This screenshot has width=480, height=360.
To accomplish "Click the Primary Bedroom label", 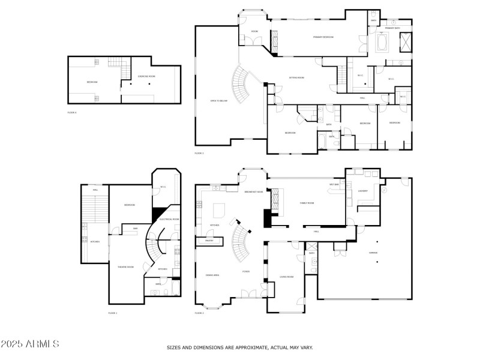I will click(x=323, y=37).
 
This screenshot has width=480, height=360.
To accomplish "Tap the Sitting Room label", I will click(x=297, y=78).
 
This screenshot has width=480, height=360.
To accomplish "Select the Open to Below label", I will click(x=218, y=101).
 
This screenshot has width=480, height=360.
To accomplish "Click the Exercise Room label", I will click(x=147, y=76).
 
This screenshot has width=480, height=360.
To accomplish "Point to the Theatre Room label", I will click(x=125, y=267).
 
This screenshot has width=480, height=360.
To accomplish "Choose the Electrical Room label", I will click(x=169, y=220).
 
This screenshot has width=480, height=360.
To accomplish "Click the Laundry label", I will click(x=362, y=191).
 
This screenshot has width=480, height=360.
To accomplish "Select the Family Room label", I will click(x=307, y=203).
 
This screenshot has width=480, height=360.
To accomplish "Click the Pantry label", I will click(x=209, y=241).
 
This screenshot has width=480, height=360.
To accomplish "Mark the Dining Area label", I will click(x=212, y=275).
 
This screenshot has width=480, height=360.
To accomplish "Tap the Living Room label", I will click(x=286, y=277).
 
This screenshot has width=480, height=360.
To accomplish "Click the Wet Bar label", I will click(x=335, y=184).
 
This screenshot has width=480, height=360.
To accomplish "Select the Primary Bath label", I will click(x=392, y=28).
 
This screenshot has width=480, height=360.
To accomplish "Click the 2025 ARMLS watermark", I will click(x=30, y=344).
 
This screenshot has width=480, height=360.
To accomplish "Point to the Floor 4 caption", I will click(x=72, y=112).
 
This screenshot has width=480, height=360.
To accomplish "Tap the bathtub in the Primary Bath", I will click(x=382, y=43).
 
